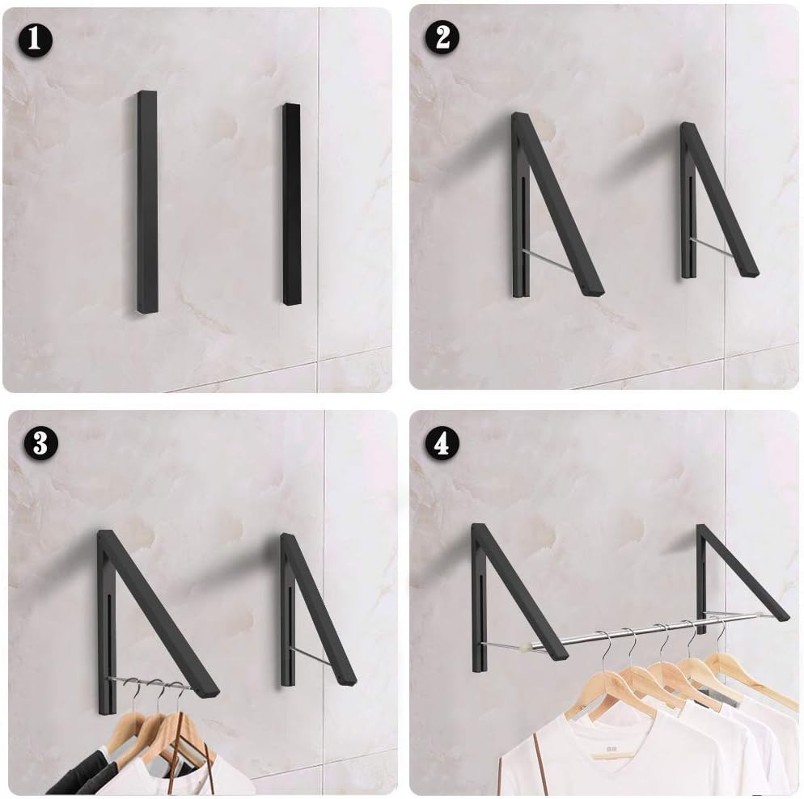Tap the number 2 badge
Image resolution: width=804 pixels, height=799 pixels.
pyautogui.click(x=442, y=38)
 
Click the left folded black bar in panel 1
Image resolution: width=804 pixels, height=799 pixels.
pyautogui.click(x=146, y=202)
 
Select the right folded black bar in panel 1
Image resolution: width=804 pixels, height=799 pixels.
pyautogui.click(x=291, y=204)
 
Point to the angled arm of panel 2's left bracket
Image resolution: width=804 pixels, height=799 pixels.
pyautogui.click(x=558, y=202)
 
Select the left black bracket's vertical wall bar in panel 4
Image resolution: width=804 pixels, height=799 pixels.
pyautogui.click(x=479, y=598)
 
